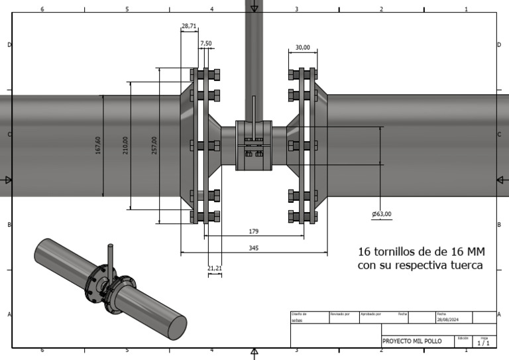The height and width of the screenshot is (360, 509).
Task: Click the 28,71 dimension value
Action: (x=189, y=26)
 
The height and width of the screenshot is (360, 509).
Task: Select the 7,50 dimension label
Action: (x=206, y=43)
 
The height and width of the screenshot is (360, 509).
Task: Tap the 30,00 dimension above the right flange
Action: (x=302, y=48)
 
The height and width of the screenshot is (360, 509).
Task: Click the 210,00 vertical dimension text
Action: (x=125, y=145)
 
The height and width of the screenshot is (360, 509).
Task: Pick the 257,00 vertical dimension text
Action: (x=154, y=145)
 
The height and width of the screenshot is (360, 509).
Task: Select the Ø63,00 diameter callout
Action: (x=382, y=214)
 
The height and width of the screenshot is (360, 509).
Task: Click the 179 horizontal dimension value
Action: (x=254, y=231)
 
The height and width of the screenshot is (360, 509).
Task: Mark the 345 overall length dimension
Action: (x=253, y=248)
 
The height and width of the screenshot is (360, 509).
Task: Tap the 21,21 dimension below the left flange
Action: (x=215, y=269)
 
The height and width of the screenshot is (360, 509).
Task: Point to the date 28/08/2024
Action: (x=449, y=320)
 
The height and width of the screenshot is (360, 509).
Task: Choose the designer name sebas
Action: (x=298, y=320)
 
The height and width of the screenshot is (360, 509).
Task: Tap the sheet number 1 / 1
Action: (x=484, y=343)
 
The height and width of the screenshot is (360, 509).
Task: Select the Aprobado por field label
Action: (x=370, y=314)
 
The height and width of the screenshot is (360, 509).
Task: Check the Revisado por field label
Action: (x=339, y=314)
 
